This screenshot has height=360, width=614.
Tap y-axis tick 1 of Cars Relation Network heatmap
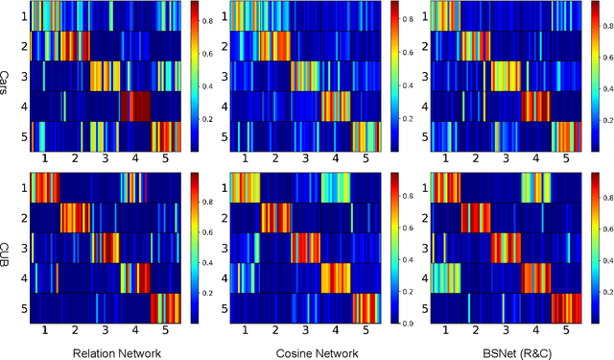(24, 16)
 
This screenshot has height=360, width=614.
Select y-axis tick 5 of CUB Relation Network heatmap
(24, 309)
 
